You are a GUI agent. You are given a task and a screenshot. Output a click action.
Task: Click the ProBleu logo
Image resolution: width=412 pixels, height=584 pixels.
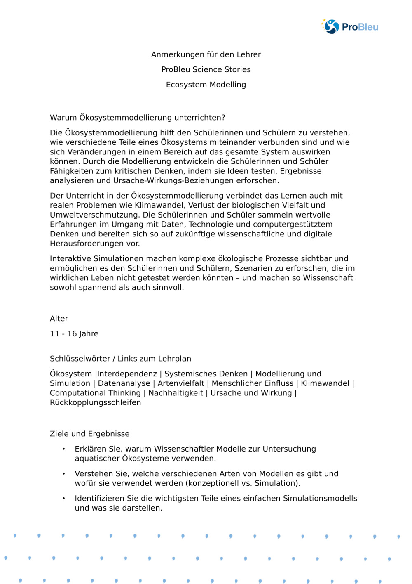350,27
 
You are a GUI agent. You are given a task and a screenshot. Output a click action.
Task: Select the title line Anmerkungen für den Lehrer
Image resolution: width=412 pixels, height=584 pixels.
206,54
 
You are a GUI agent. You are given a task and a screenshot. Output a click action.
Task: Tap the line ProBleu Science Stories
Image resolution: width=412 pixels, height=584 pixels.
206,69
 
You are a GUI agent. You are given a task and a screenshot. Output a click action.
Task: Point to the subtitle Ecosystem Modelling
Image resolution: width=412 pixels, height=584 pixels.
206,85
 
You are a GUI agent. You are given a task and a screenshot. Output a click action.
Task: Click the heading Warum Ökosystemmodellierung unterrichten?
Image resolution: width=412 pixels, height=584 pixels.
138,118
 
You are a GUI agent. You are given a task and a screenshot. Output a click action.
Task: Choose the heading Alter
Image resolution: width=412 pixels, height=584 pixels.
59,319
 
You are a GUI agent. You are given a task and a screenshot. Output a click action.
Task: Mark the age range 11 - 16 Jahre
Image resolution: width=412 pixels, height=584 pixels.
74,334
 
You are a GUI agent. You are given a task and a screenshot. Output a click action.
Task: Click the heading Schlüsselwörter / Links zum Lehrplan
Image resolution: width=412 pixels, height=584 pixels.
120,359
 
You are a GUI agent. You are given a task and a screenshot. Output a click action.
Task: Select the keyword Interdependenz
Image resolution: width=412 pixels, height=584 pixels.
127,374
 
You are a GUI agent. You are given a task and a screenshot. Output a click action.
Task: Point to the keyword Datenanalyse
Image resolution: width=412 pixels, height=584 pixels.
124,383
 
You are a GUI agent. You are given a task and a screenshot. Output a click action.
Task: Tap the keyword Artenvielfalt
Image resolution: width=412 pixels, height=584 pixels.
181,383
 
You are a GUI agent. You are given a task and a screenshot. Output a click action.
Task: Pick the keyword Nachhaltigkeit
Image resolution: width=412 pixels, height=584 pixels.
176,393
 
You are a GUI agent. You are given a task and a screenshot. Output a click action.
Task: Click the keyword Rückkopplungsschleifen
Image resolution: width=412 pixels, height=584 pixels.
95,402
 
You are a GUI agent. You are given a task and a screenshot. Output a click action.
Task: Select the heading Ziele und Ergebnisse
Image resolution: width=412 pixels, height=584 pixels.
89,434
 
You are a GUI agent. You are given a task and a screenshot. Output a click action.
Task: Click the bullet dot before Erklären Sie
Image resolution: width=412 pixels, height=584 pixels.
63,449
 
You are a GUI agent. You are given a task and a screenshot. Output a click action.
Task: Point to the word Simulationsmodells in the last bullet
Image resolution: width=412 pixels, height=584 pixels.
320,499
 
